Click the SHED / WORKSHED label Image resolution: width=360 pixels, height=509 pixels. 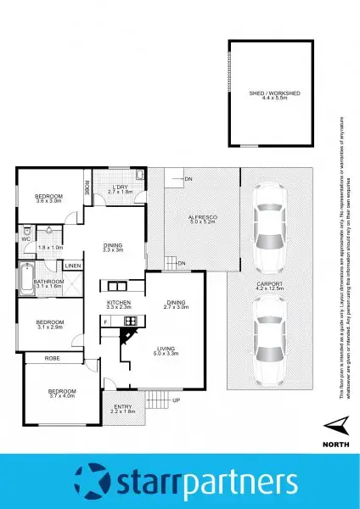[x=267, y=92]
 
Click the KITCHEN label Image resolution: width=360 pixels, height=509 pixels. [x=117, y=302]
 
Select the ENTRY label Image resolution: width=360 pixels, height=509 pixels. [x=123, y=407]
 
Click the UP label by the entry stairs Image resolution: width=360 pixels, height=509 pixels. [x=176, y=400]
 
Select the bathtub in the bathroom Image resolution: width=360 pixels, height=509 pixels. [x=23, y=278]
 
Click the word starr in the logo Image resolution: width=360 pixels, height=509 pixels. [x=152, y=481]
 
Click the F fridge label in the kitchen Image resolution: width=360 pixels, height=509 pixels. [x=104, y=322]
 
